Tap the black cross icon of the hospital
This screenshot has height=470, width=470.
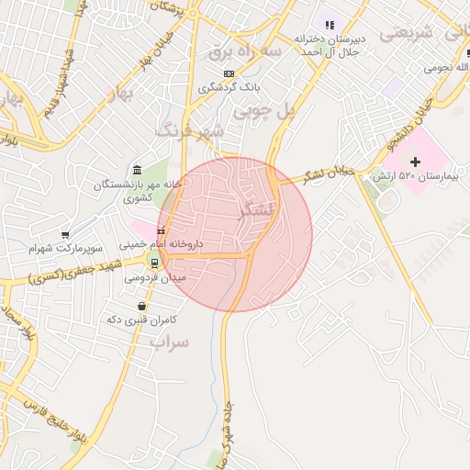[415, 162]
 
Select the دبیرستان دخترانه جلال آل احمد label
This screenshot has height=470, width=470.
[331, 45]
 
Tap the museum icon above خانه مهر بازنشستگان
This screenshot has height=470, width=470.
[137, 171]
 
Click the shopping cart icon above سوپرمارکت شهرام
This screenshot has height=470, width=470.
[65, 235]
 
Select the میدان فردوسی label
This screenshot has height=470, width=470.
[167, 276]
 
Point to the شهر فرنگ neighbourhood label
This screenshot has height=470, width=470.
[190, 131]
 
